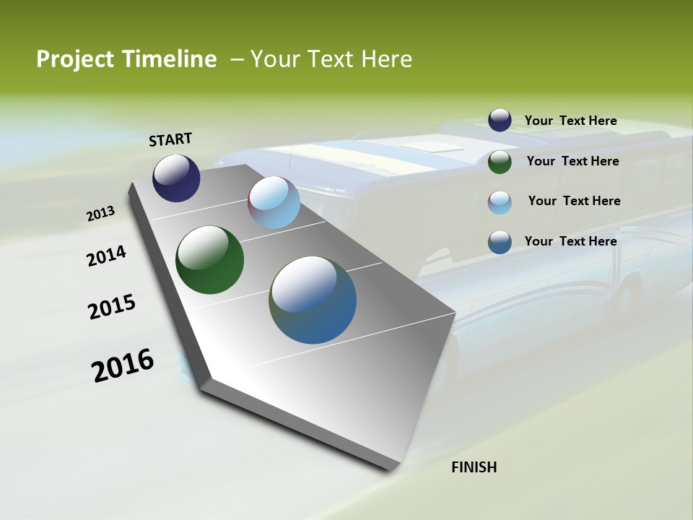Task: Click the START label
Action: click(170, 139)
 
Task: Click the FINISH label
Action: click(474, 467)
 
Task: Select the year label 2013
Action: click(100, 214)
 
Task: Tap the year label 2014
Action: click(107, 256)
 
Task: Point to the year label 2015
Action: click(112, 307)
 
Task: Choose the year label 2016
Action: click(123, 365)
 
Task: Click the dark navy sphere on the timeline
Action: click(176, 178)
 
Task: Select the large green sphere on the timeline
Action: click(209, 260)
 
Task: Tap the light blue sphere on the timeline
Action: click(274, 202)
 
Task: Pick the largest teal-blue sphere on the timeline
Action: click(313, 300)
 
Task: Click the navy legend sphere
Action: click(500, 121)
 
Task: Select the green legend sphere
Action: click(500, 161)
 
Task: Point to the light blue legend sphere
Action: click(500, 201)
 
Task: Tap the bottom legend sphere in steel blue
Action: click(500, 241)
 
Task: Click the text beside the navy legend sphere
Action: click(570, 121)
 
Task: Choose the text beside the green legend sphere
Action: click(572, 161)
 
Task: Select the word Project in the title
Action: click(74, 59)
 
